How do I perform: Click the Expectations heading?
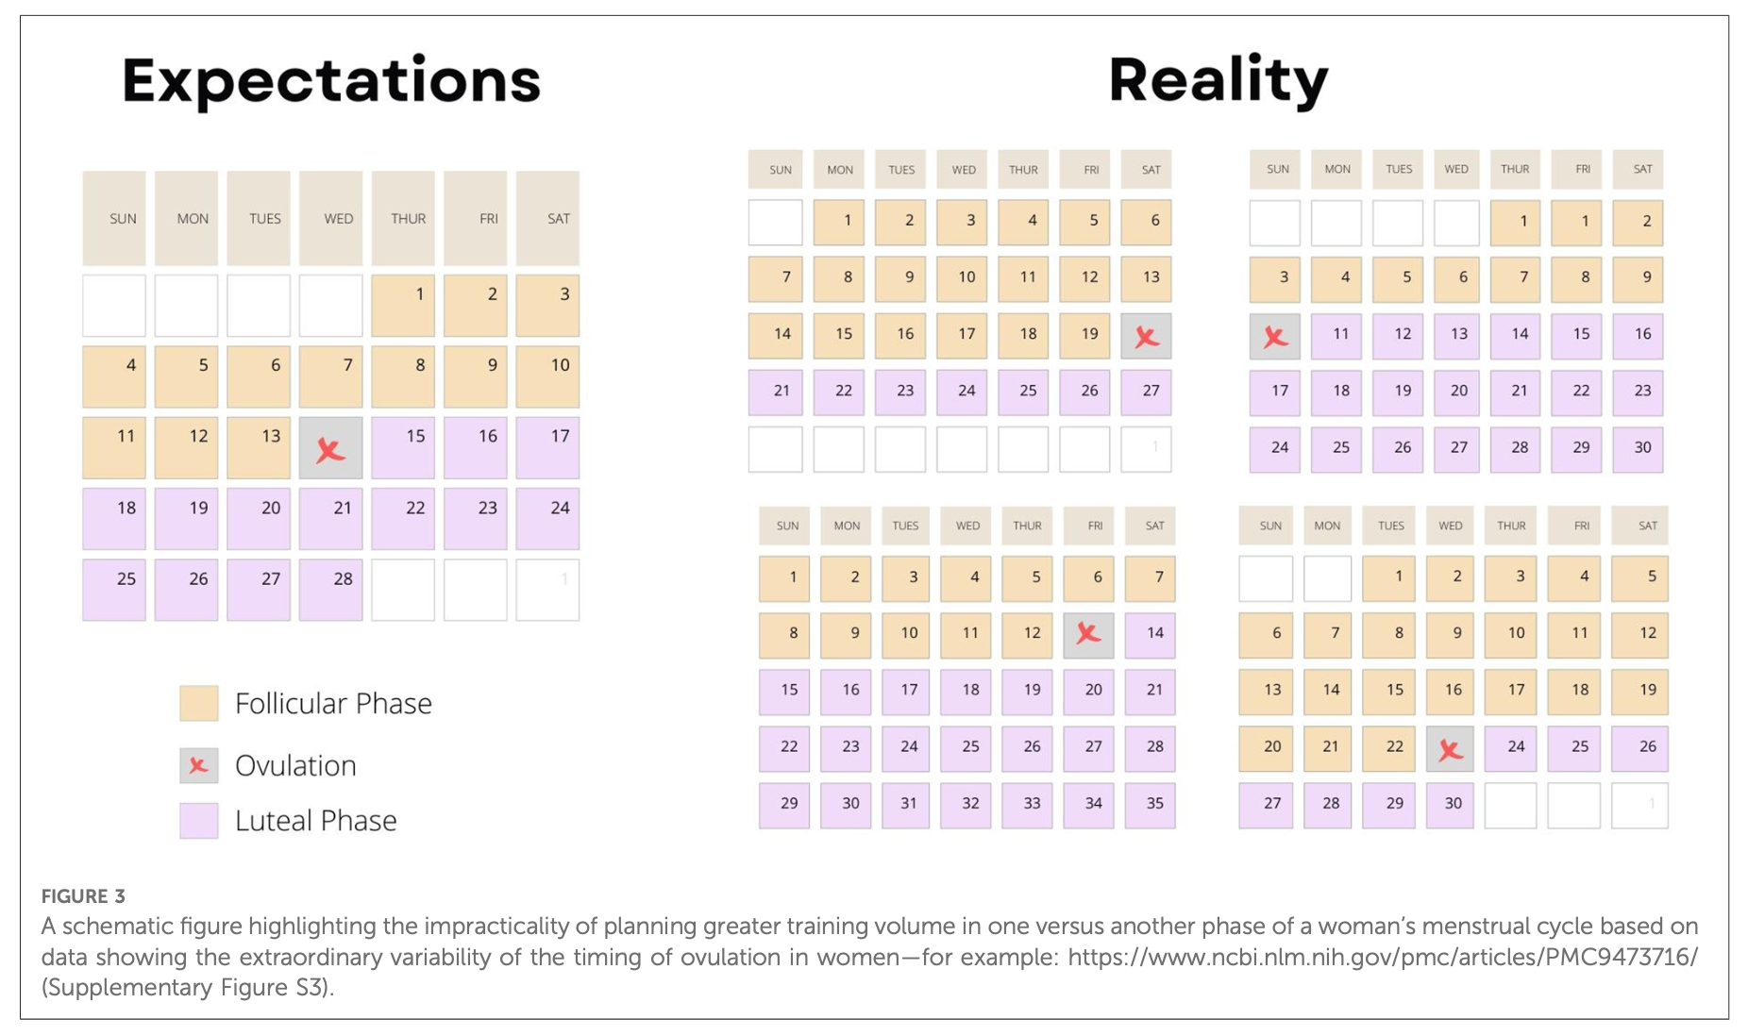coord(330,81)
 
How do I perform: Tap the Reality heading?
coord(1218,81)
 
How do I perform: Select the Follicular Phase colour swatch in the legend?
coord(199,704)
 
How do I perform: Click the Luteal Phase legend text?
coord(315,821)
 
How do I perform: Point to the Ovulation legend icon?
coord(199,765)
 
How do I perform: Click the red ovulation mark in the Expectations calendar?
coord(330,449)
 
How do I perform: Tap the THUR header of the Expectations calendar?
coord(403,219)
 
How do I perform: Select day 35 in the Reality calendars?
coord(1151,805)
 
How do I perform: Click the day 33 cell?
coord(1028,805)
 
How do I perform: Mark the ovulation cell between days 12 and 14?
coord(1088,634)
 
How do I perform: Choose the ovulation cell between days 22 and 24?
coord(1450,749)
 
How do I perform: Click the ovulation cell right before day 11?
coord(1275,337)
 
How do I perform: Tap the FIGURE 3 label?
coord(83,896)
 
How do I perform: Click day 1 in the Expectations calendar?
coord(403,306)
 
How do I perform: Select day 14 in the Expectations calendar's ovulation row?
coord(330,449)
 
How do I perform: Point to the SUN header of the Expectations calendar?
coord(114,219)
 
